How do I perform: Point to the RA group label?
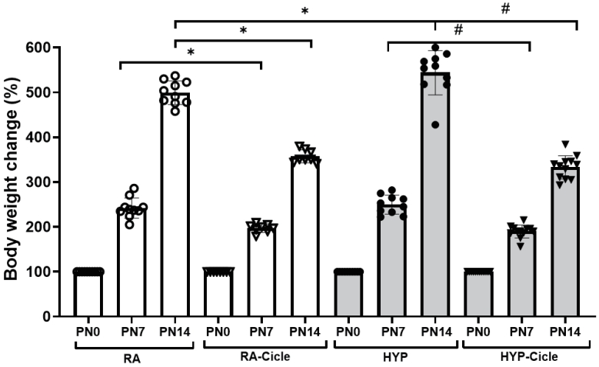131,359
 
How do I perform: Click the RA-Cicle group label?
263,359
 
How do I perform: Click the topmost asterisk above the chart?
306,12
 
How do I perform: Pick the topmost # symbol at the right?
505,9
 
